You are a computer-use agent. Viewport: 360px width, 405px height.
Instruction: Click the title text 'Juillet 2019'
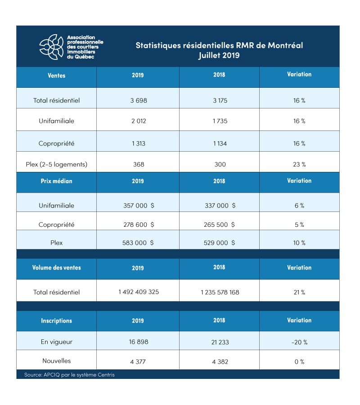click(219, 56)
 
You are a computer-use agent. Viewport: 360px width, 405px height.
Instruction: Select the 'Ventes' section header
click(56, 76)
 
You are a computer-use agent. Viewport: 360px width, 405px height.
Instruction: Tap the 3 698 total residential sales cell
click(138, 100)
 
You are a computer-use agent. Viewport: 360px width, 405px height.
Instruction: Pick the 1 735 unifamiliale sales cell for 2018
click(220, 121)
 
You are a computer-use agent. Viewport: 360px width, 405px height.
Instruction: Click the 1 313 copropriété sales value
click(138, 144)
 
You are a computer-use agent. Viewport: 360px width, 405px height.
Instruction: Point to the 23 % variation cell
click(299, 164)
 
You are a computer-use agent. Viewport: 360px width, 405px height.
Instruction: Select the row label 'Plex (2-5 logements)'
click(56, 164)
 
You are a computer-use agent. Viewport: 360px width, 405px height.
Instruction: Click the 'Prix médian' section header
click(56, 181)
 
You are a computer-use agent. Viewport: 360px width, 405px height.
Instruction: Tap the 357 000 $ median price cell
click(139, 206)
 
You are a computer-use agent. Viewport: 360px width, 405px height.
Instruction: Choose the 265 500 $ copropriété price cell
click(220, 225)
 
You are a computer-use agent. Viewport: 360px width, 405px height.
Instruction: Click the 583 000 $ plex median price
click(139, 243)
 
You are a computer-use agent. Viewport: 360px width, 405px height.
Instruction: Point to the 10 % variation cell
click(299, 243)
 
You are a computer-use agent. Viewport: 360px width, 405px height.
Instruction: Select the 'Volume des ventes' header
click(56, 268)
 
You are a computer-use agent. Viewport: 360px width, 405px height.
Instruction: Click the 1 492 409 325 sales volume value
click(139, 292)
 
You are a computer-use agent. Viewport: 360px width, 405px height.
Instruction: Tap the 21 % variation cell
click(299, 292)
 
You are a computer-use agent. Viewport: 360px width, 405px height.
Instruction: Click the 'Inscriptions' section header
click(56, 321)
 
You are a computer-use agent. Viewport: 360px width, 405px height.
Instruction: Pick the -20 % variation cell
click(299, 342)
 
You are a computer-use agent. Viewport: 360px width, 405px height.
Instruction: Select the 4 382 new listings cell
click(220, 361)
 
